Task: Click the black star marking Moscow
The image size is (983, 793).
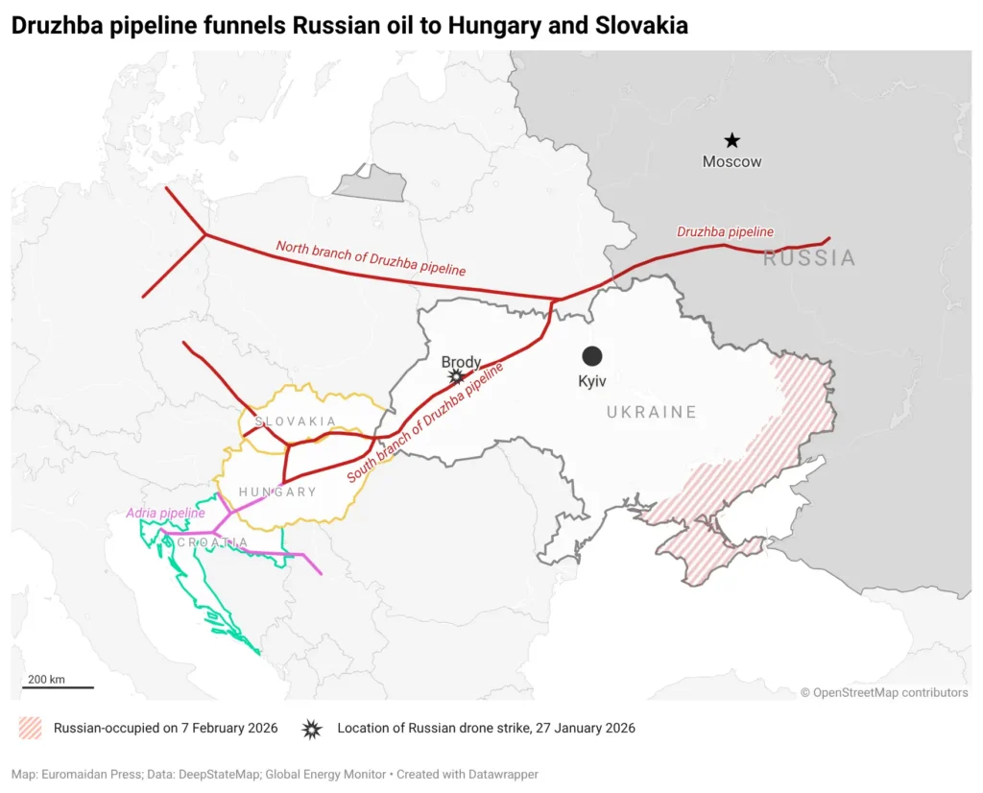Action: (x=731, y=140)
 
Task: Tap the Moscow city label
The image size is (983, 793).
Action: (x=731, y=161)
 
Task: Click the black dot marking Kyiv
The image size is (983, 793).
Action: (x=592, y=356)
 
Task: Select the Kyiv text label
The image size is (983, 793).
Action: (x=592, y=381)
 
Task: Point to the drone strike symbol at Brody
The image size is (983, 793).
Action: (x=457, y=377)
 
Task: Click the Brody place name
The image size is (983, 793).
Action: (x=461, y=362)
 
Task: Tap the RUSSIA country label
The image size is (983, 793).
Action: (x=808, y=257)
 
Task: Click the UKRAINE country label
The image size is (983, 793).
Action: (x=651, y=412)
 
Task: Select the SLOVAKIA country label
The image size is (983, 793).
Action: (x=295, y=421)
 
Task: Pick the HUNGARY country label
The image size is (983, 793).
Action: (x=277, y=492)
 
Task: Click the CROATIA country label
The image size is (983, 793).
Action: (x=212, y=542)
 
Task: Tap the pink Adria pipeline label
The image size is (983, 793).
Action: (x=165, y=514)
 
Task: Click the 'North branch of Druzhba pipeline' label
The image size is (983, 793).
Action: (x=371, y=258)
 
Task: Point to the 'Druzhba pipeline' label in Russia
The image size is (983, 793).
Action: (x=725, y=232)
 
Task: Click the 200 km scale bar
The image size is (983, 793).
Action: (x=59, y=686)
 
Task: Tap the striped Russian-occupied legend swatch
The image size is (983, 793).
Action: (x=30, y=729)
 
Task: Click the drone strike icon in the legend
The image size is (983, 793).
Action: (x=312, y=729)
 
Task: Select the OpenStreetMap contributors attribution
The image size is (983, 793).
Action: (x=884, y=692)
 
